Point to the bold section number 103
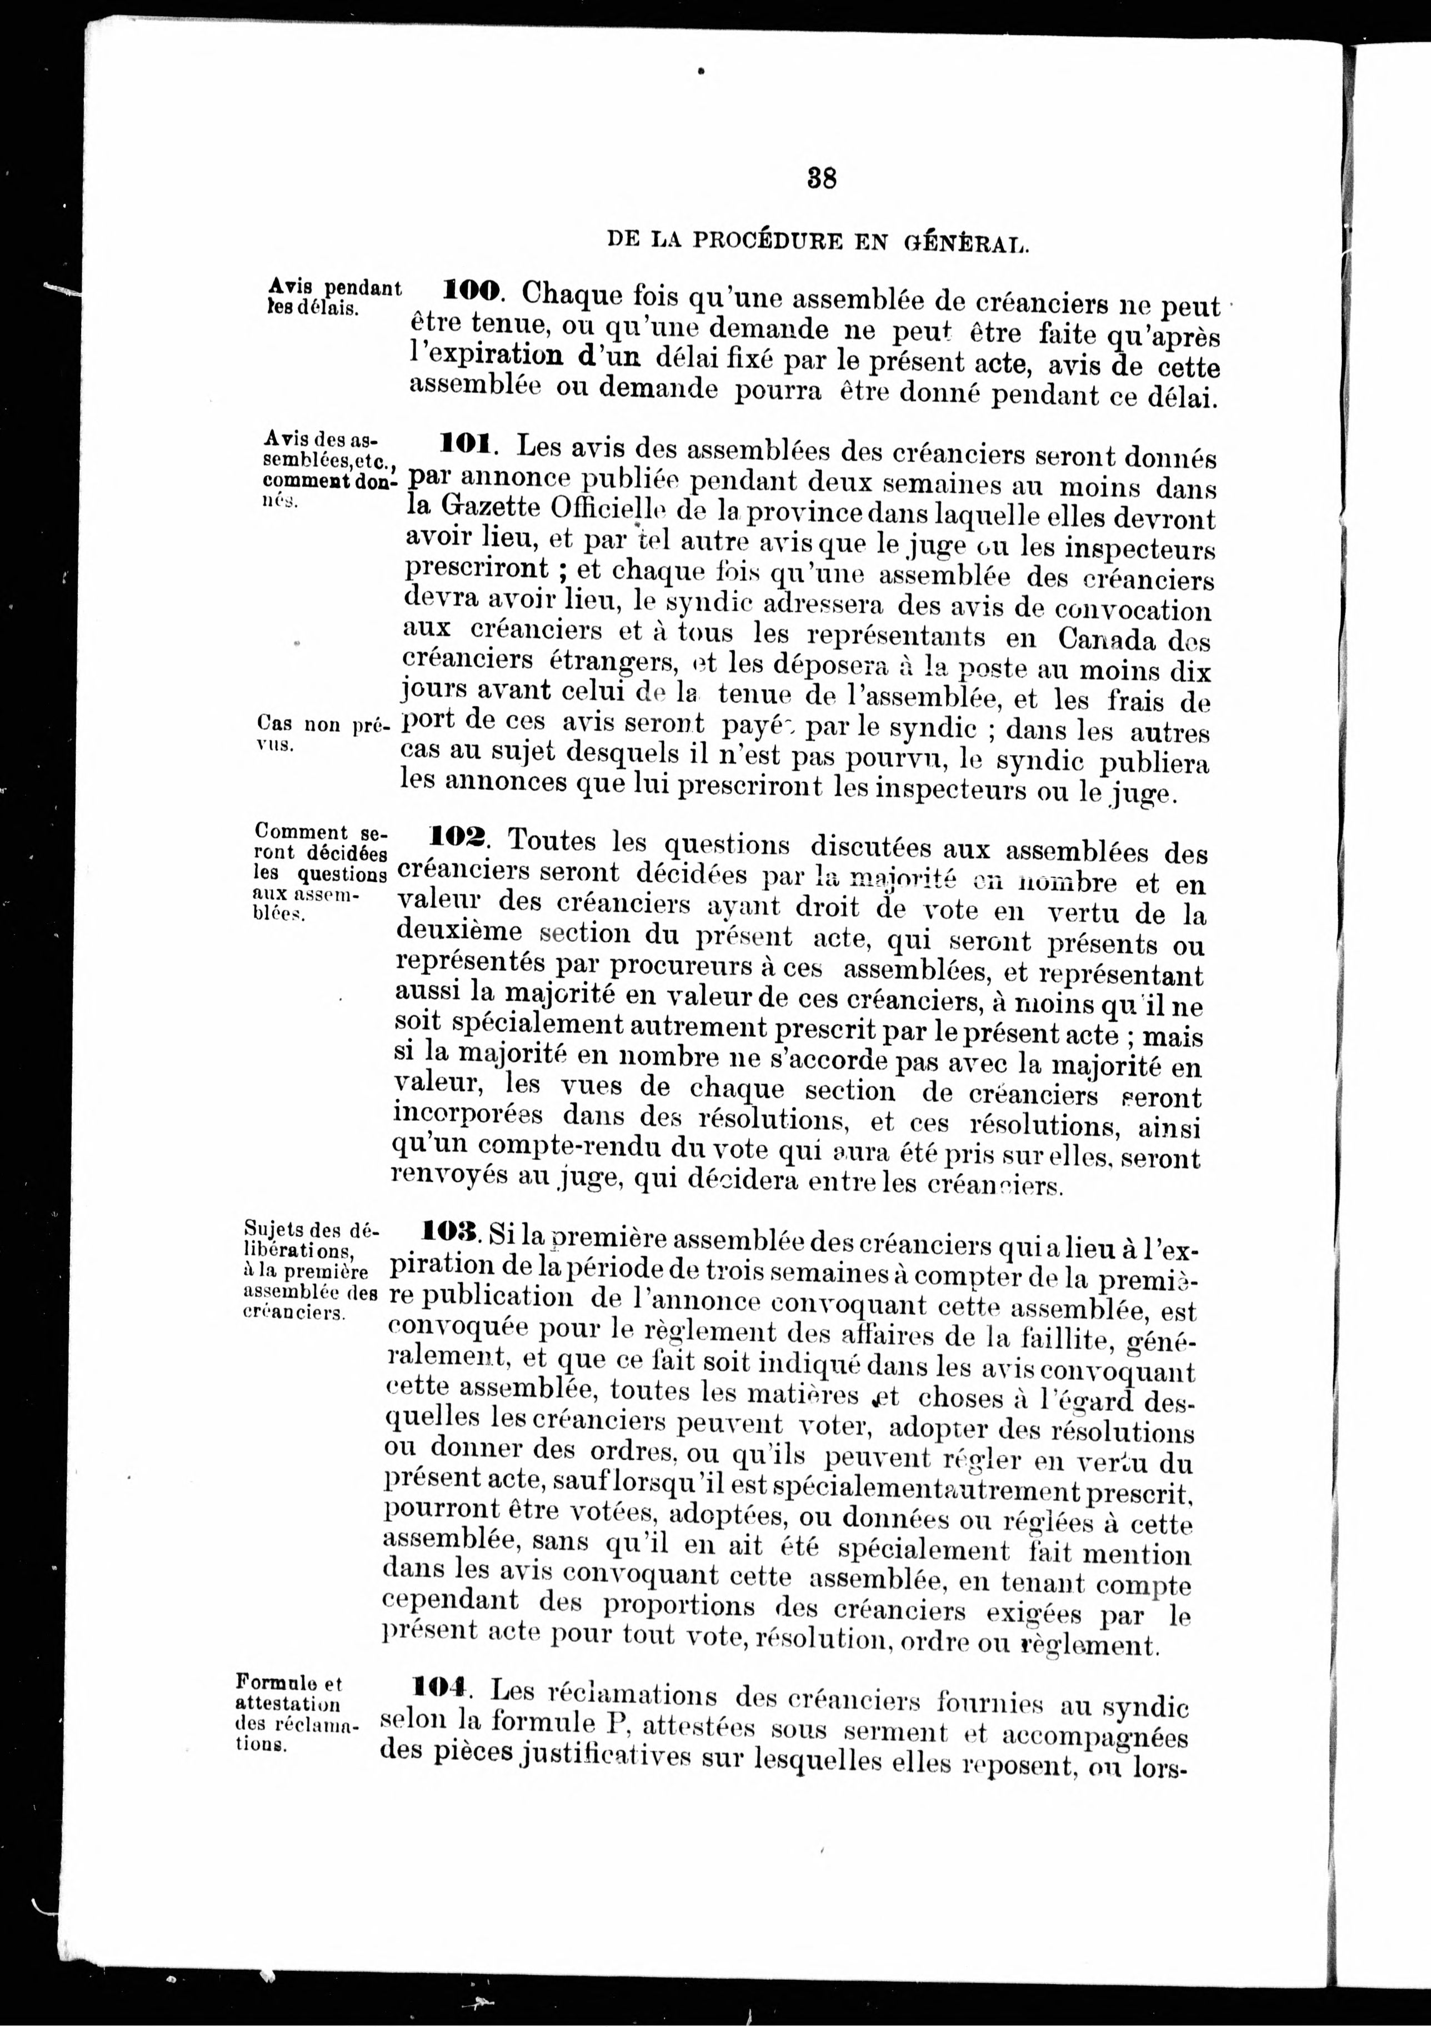pyautogui.click(x=450, y=1231)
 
